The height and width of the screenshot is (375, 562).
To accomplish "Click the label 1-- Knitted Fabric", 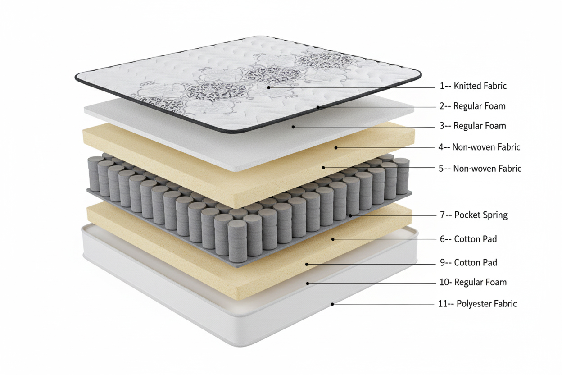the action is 473,86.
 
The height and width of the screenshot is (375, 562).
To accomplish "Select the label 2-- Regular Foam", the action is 472,106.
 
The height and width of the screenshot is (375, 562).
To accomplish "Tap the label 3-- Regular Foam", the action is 473,126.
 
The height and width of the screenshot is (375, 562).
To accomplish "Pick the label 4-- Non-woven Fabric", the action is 479,147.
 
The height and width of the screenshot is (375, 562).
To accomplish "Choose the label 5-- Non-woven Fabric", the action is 480,169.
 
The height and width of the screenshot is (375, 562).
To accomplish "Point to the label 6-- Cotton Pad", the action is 468,239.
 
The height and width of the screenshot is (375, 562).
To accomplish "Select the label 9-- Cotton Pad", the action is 468,263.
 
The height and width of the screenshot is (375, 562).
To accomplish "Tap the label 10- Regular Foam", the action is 473,282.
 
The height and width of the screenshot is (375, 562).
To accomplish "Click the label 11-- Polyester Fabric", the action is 477,304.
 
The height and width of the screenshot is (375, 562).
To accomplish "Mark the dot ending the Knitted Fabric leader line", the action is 269,87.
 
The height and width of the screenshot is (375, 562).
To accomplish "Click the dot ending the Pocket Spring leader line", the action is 350,215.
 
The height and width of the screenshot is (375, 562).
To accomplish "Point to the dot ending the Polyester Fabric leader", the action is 332,304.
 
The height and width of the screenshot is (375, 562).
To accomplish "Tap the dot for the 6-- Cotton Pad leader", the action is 333,239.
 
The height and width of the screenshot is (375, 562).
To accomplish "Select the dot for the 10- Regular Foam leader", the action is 308,284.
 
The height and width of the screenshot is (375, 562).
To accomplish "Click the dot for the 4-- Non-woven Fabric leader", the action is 336,148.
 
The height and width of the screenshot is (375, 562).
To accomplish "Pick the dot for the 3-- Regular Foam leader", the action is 293,127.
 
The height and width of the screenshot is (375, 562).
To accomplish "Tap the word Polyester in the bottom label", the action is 471,304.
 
